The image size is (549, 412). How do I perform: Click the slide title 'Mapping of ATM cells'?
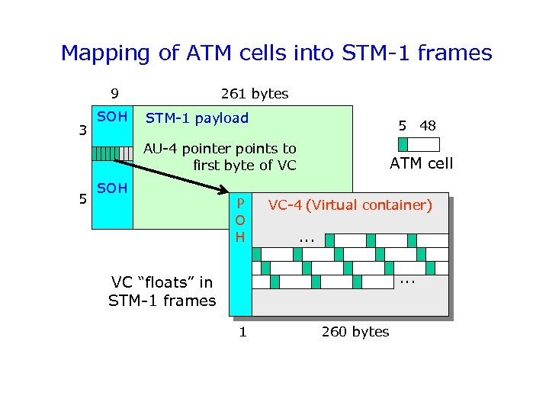click(x=276, y=53)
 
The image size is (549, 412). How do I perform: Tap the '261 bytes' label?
click(x=254, y=94)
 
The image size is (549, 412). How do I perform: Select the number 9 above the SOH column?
click(x=114, y=94)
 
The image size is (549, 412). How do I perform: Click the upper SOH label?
click(x=113, y=118)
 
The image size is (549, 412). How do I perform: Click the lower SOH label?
click(x=113, y=188)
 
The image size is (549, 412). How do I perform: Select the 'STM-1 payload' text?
click(x=197, y=118)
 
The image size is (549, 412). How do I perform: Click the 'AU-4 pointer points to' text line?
click(x=220, y=148)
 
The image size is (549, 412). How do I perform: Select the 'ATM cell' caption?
click(x=421, y=163)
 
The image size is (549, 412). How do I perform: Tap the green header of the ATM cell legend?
click(x=403, y=144)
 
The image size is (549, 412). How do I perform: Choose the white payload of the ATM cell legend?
click(x=424, y=144)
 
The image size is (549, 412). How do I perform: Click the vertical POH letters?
click(x=240, y=220)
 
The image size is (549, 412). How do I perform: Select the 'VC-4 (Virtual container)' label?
click(x=349, y=204)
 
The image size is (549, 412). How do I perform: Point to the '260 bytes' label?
click(x=355, y=331)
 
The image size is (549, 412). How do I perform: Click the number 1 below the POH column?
click(x=242, y=331)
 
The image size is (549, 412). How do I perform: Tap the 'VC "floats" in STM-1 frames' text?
click(x=162, y=292)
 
